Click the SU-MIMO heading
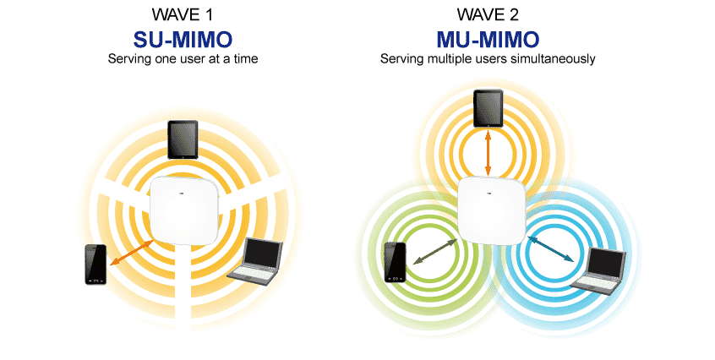(x=183, y=40)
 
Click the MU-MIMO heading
(x=488, y=40)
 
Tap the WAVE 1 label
(x=183, y=14)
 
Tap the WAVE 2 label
(x=488, y=14)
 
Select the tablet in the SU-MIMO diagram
(x=183, y=139)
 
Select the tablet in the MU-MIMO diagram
(x=488, y=108)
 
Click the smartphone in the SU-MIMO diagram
(x=96, y=265)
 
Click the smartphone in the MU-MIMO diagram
(x=396, y=263)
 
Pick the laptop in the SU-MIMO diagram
(x=256, y=259)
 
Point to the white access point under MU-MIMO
(x=492, y=210)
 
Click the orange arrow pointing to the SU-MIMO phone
(x=131, y=253)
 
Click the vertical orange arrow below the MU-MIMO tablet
(x=488, y=153)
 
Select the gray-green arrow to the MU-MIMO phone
(x=434, y=251)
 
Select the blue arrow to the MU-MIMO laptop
(x=550, y=248)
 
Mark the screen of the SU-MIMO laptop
(x=263, y=253)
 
